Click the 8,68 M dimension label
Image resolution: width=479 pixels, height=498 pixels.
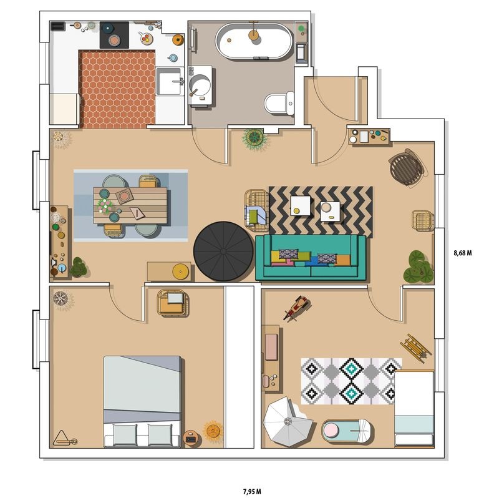tap(462, 253)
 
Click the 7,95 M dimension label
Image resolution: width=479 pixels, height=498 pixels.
tap(252, 492)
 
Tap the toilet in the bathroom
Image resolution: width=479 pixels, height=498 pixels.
tap(279, 103)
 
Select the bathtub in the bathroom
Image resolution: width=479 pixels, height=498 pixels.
tap(254, 41)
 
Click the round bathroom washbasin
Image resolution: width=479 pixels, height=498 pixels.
tap(200, 85)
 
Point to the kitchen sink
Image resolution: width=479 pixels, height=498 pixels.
tap(170, 81)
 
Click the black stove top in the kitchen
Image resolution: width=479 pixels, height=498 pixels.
tap(114, 35)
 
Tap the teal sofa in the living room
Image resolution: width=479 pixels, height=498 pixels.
tap(311, 258)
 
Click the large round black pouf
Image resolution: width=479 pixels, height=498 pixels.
tap(223, 251)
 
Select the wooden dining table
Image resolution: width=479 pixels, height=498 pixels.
tap(130, 206)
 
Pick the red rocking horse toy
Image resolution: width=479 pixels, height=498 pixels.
tap(296, 308)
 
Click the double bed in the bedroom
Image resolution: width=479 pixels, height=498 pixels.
tap(143, 401)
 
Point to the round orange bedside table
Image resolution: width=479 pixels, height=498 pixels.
tap(192, 439)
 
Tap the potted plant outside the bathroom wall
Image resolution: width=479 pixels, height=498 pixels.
tap(254, 139)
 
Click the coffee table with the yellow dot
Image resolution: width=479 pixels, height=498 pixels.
tap(300, 205)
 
